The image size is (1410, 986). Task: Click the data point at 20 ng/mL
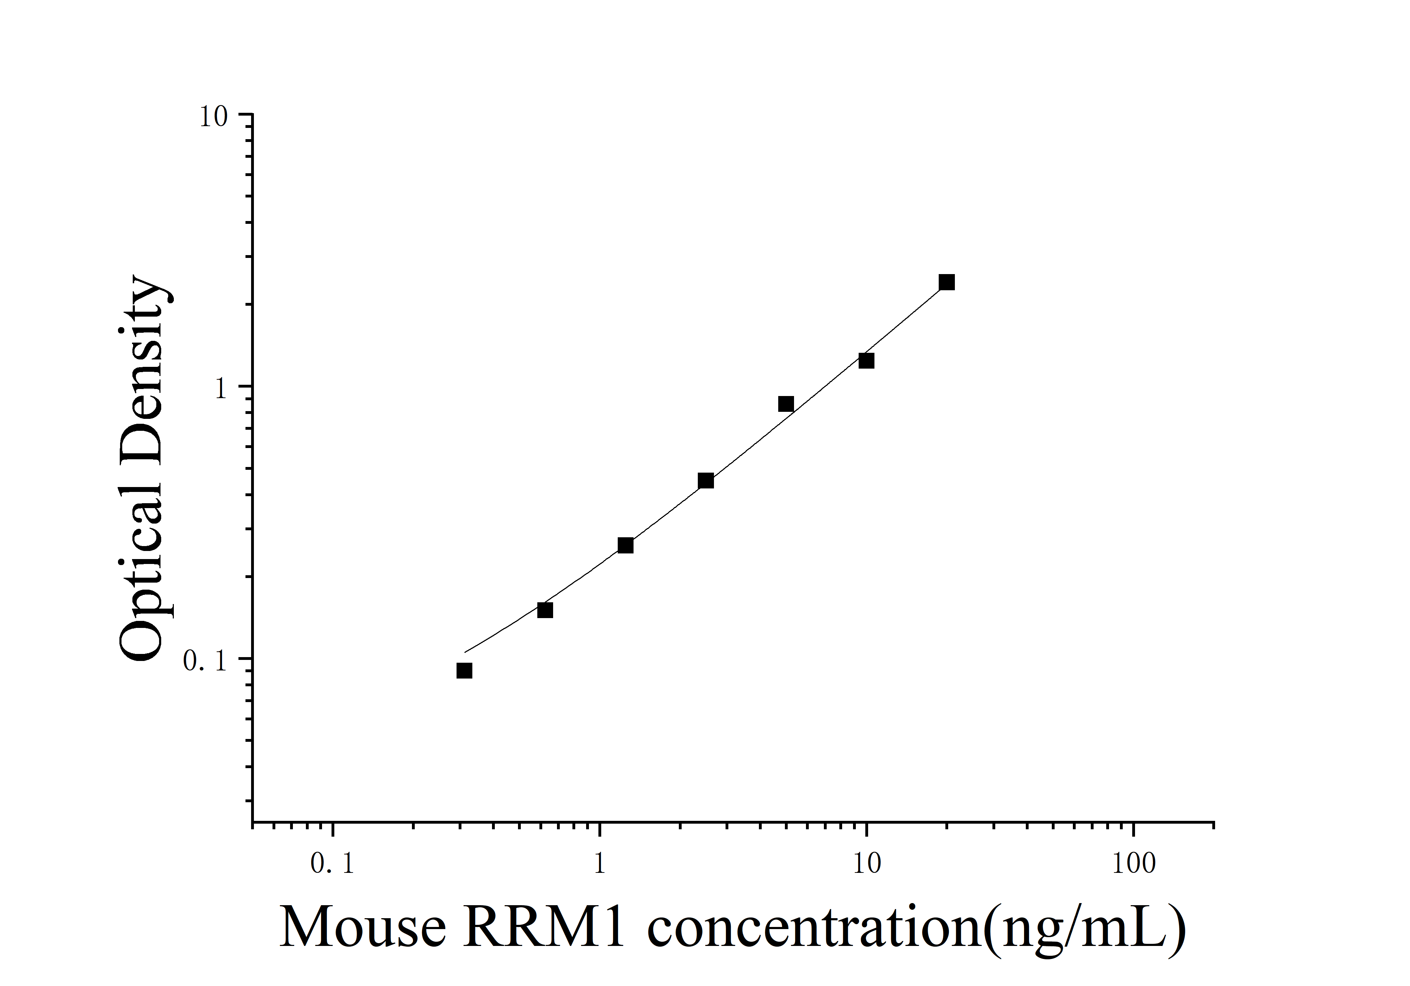(x=946, y=283)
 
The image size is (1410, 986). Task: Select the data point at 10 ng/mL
(x=866, y=361)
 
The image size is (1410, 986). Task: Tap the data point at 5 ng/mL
(x=786, y=404)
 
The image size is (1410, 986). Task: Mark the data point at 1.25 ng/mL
(x=625, y=545)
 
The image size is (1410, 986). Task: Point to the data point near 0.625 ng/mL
(x=545, y=610)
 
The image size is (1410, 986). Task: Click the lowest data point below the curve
(x=464, y=670)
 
